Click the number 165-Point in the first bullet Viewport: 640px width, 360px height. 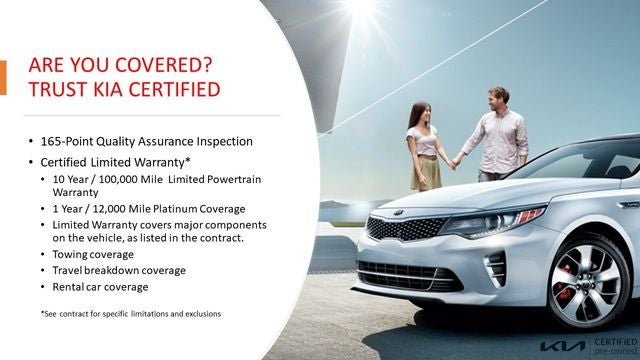pos(75,141)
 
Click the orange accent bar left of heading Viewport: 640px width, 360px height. pos(3,78)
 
